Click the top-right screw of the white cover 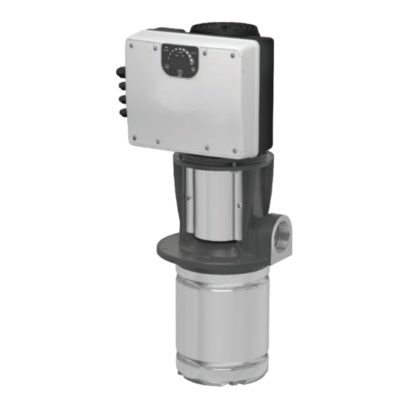click(232, 56)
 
